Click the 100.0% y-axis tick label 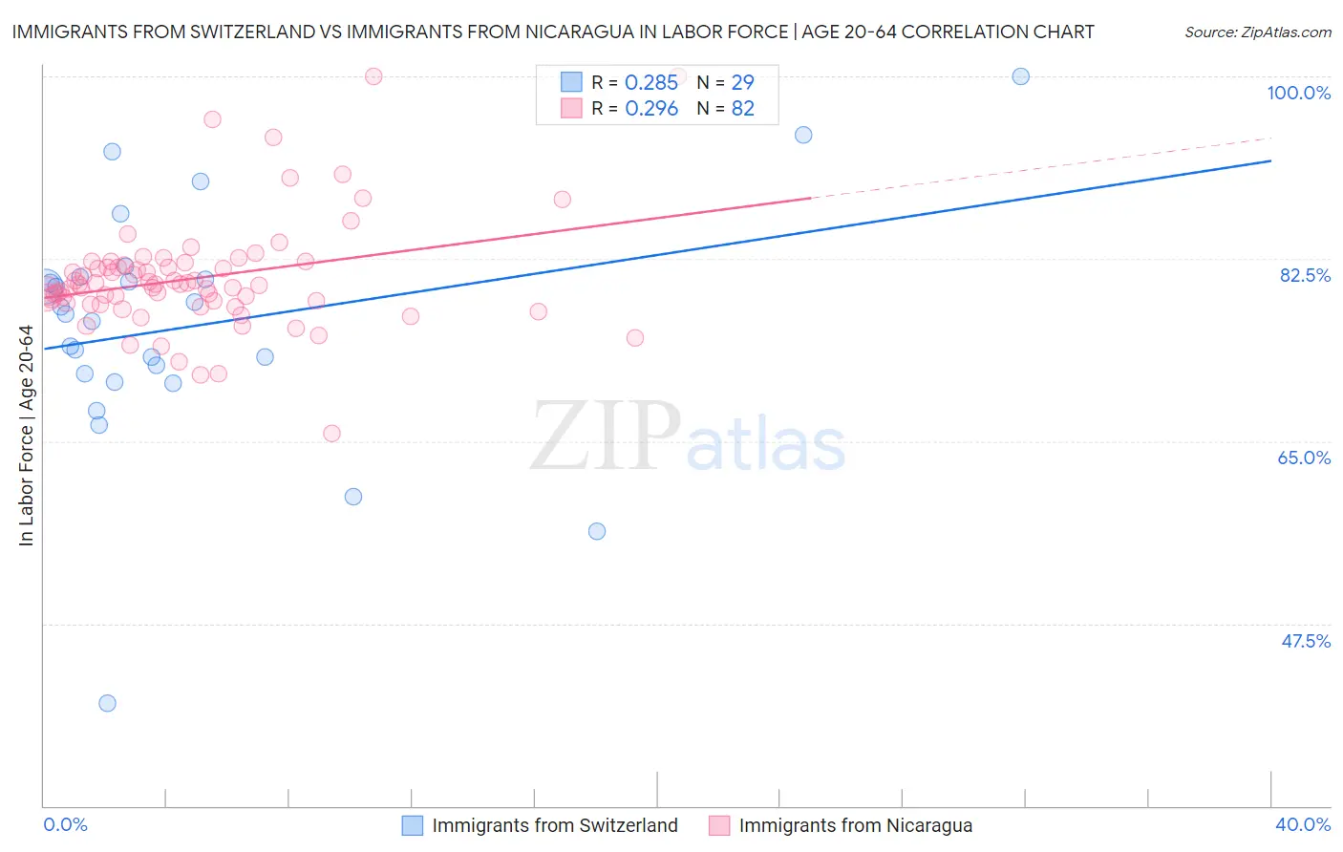[x=1298, y=93]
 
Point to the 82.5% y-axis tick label [x=1305, y=275]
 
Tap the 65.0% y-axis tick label [x=1304, y=458]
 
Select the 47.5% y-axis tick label [x=1305, y=641]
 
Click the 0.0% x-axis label [x=65, y=824]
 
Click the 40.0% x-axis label [x=1302, y=824]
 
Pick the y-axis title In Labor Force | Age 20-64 [x=26, y=436]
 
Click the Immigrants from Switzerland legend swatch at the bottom [x=413, y=825]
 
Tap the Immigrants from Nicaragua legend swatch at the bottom [x=719, y=825]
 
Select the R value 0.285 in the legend [x=650, y=83]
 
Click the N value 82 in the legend [x=742, y=109]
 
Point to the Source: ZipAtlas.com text [x=1257, y=32]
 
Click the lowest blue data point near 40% [x=107, y=703]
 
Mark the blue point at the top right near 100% [x=1020, y=76]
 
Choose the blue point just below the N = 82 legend [x=803, y=135]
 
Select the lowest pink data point [x=331, y=434]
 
